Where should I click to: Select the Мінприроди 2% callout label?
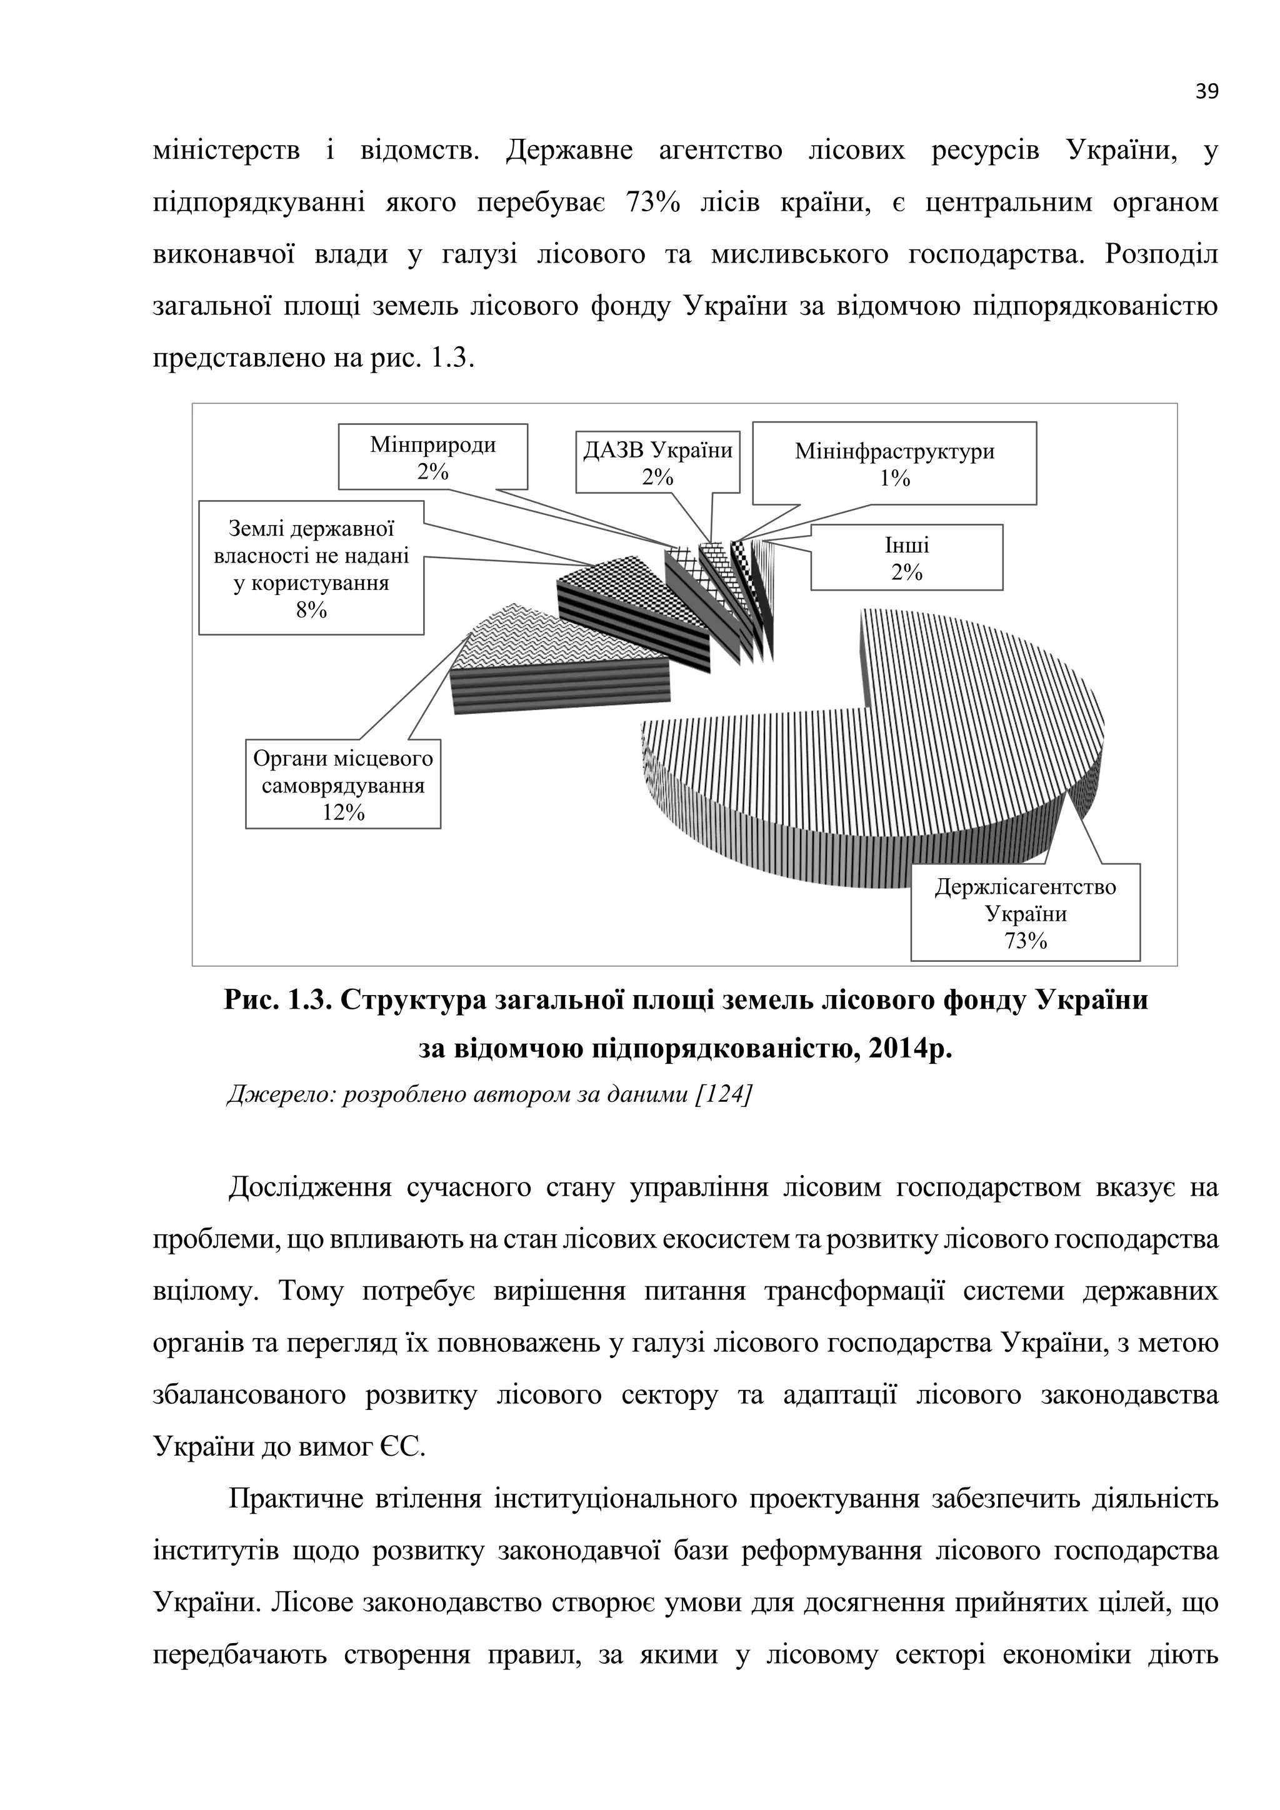click(x=432, y=458)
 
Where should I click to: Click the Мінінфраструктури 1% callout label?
click(x=894, y=464)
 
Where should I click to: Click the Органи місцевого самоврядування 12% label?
click(x=343, y=784)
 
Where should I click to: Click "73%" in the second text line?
click(x=652, y=202)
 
